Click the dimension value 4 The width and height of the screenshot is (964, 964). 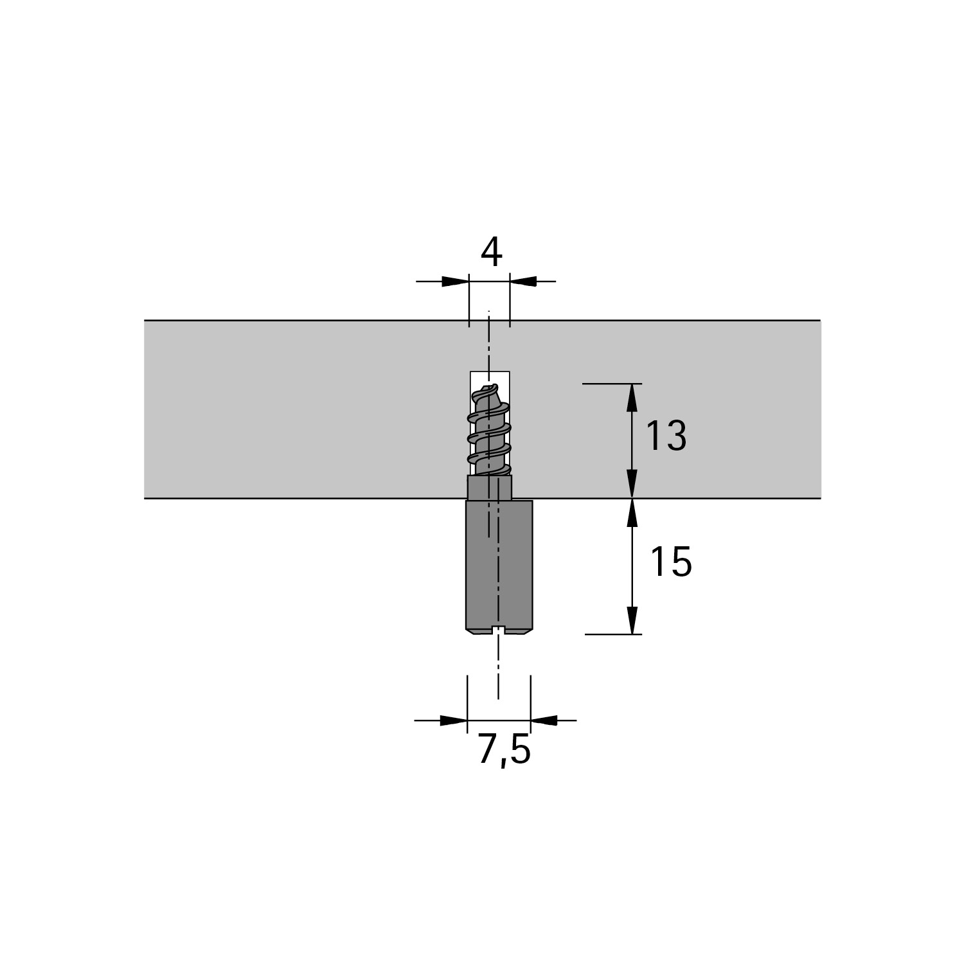pyautogui.click(x=492, y=253)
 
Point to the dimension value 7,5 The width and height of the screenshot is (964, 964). pyautogui.click(x=504, y=750)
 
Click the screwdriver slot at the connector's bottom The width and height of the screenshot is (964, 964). pyautogui.click(x=499, y=630)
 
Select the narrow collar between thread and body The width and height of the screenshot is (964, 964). pyautogui.click(x=490, y=488)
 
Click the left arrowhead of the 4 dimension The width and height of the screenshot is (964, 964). pyautogui.click(x=456, y=281)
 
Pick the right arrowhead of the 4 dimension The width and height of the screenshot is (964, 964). pyautogui.click(x=523, y=281)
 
